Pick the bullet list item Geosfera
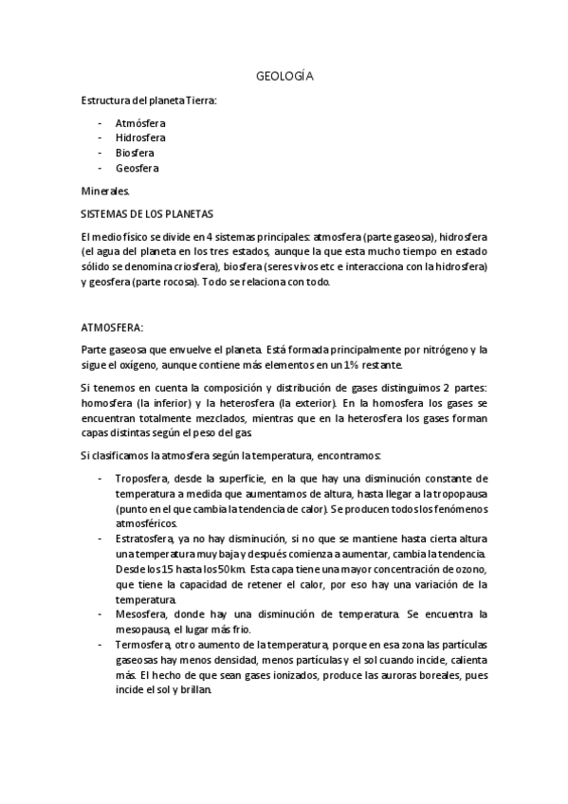point(137,168)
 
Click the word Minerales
point(104,191)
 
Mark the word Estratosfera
point(146,538)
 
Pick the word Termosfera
point(144,644)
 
